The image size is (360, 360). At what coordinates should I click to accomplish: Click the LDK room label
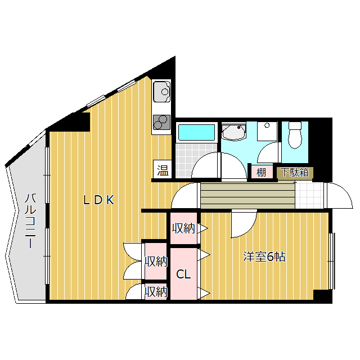tap(99, 200)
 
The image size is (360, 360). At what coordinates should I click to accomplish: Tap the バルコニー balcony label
tap(30, 221)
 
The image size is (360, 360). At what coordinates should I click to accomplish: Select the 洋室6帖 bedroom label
tap(264, 256)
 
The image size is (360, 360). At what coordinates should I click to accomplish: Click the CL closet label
tap(183, 274)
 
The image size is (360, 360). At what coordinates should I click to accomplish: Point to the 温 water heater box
tap(163, 170)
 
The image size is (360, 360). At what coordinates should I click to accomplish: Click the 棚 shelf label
tap(261, 172)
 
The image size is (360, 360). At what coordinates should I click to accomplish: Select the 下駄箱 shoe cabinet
tap(295, 173)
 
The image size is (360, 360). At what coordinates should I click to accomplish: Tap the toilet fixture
tap(295, 135)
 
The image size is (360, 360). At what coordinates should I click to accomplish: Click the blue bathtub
tap(196, 133)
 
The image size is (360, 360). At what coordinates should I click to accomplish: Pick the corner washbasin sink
tap(234, 132)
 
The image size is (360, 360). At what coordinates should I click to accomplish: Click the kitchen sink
tap(162, 91)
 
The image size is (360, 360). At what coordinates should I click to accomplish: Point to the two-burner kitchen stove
tap(162, 123)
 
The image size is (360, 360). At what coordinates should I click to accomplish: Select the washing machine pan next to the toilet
tap(267, 131)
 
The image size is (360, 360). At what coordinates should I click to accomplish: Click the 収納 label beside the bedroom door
tap(183, 228)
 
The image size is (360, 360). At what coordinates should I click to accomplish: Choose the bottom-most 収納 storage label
tap(156, 292)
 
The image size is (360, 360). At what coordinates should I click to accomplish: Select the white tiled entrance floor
tap(309, 196)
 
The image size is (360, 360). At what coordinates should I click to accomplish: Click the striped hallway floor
tap(247, 196)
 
